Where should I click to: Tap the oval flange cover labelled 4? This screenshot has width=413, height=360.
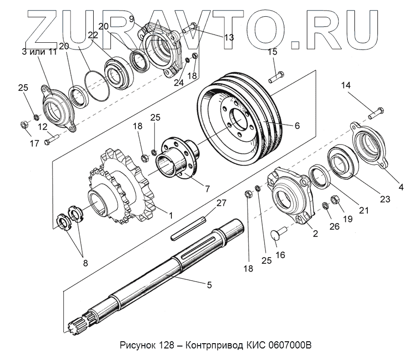370,144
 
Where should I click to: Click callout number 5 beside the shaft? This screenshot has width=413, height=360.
209,285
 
